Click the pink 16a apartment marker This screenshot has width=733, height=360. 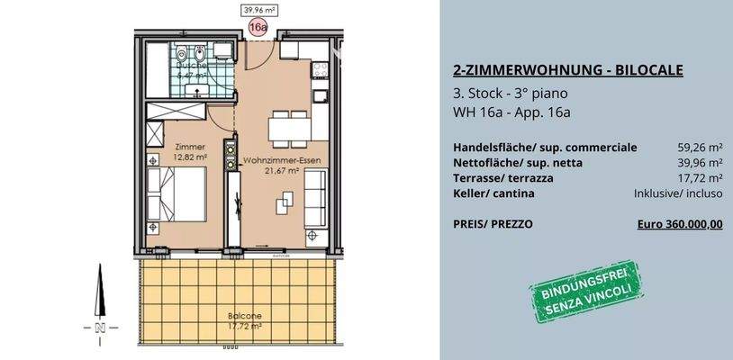coord(258,28)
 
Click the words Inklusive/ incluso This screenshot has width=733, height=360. coord(678,193)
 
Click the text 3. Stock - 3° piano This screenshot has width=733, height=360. coord(511,93)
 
